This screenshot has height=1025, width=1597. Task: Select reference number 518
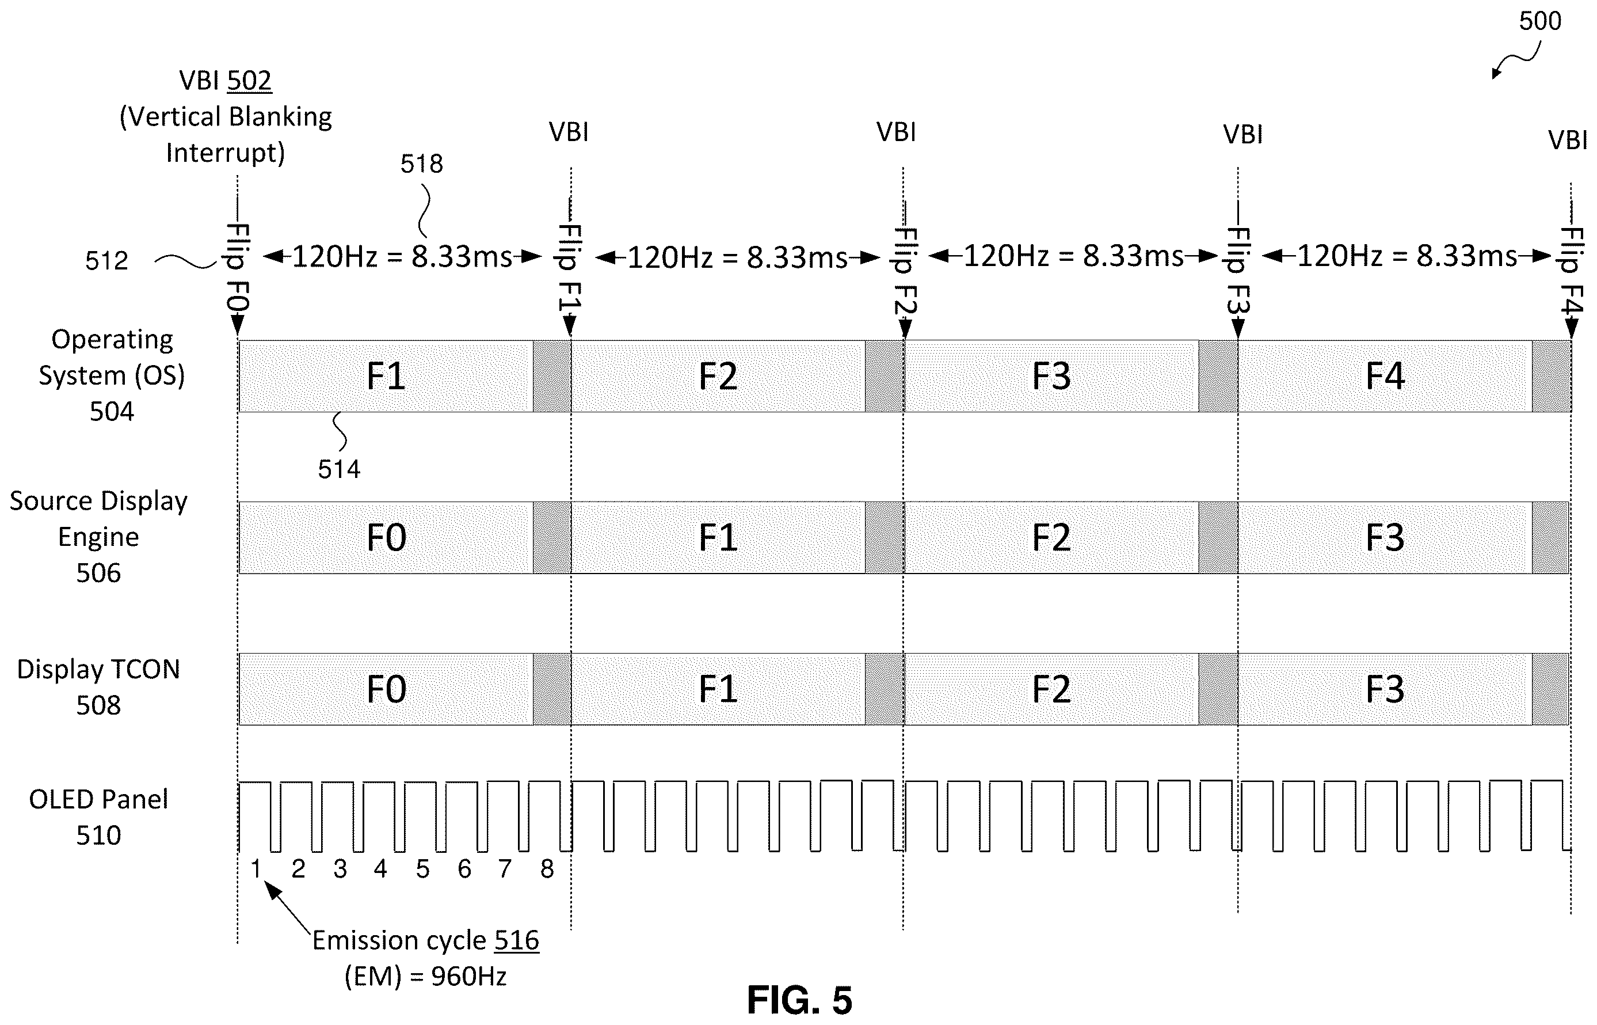421,164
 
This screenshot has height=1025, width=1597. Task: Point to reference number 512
106,260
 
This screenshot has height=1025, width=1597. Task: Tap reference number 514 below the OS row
338,469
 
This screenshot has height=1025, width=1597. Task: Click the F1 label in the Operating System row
386,376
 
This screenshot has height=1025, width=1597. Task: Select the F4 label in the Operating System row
1385,376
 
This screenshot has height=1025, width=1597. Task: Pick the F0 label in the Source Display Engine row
386,538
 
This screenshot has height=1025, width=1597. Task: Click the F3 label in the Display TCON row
1385,689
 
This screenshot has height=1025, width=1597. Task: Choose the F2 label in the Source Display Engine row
1051,538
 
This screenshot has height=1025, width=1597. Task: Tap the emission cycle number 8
547,868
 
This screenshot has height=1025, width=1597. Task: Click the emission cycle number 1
256,868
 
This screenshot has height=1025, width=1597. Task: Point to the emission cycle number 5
423,868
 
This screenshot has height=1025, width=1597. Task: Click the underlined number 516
517,940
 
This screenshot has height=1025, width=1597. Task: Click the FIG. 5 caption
799,1000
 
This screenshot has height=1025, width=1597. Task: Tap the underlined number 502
249,81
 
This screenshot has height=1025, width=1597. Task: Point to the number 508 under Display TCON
98,705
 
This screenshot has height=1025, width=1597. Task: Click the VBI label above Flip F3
1243,134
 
